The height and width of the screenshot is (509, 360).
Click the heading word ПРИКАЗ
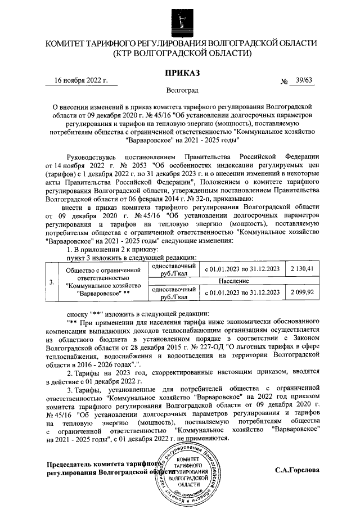click(x=180, y=72)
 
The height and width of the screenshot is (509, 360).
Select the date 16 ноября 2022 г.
click(x=81, y=80)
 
